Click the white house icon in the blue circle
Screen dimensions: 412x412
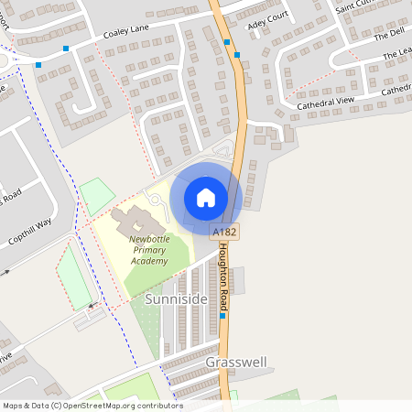coord(205,197)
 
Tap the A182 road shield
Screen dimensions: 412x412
coord(223,233)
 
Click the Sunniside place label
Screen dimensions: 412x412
coord(176,299)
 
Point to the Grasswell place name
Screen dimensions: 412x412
coord(236,362)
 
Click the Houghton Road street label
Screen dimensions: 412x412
coord(224,275)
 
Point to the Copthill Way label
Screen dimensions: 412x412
coord(31,233)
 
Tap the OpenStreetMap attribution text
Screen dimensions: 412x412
coord(92,405)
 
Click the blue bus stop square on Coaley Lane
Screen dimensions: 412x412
coord(65,48)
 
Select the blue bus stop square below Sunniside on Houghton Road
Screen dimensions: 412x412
coord(222,315)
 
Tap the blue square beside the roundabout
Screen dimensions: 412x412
coord(38,64)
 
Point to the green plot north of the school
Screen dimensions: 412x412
coord(97,195)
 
